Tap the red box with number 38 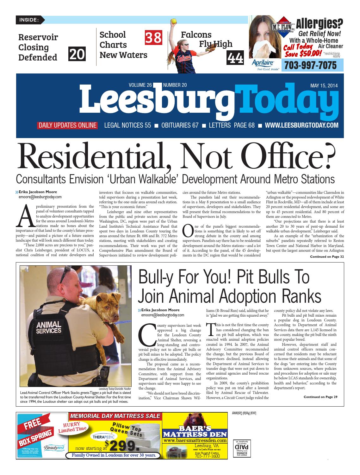154,37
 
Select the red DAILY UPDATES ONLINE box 67,125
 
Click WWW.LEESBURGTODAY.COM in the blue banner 301,125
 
